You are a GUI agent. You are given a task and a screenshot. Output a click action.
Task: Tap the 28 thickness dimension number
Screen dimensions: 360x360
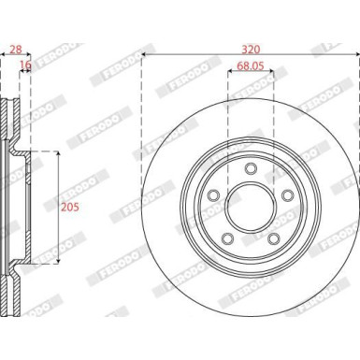[13, 47]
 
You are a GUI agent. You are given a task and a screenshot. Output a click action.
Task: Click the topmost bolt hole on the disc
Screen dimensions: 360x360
[251, 169]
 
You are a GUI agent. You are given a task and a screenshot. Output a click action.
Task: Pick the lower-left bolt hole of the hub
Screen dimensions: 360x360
[228, 238]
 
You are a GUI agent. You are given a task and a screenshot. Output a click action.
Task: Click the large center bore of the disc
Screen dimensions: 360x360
[251, 209]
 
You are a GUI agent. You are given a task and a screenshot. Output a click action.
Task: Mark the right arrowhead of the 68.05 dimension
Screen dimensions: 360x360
[271, 75]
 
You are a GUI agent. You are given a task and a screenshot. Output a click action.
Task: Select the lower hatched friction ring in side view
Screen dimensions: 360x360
[11, 295]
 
